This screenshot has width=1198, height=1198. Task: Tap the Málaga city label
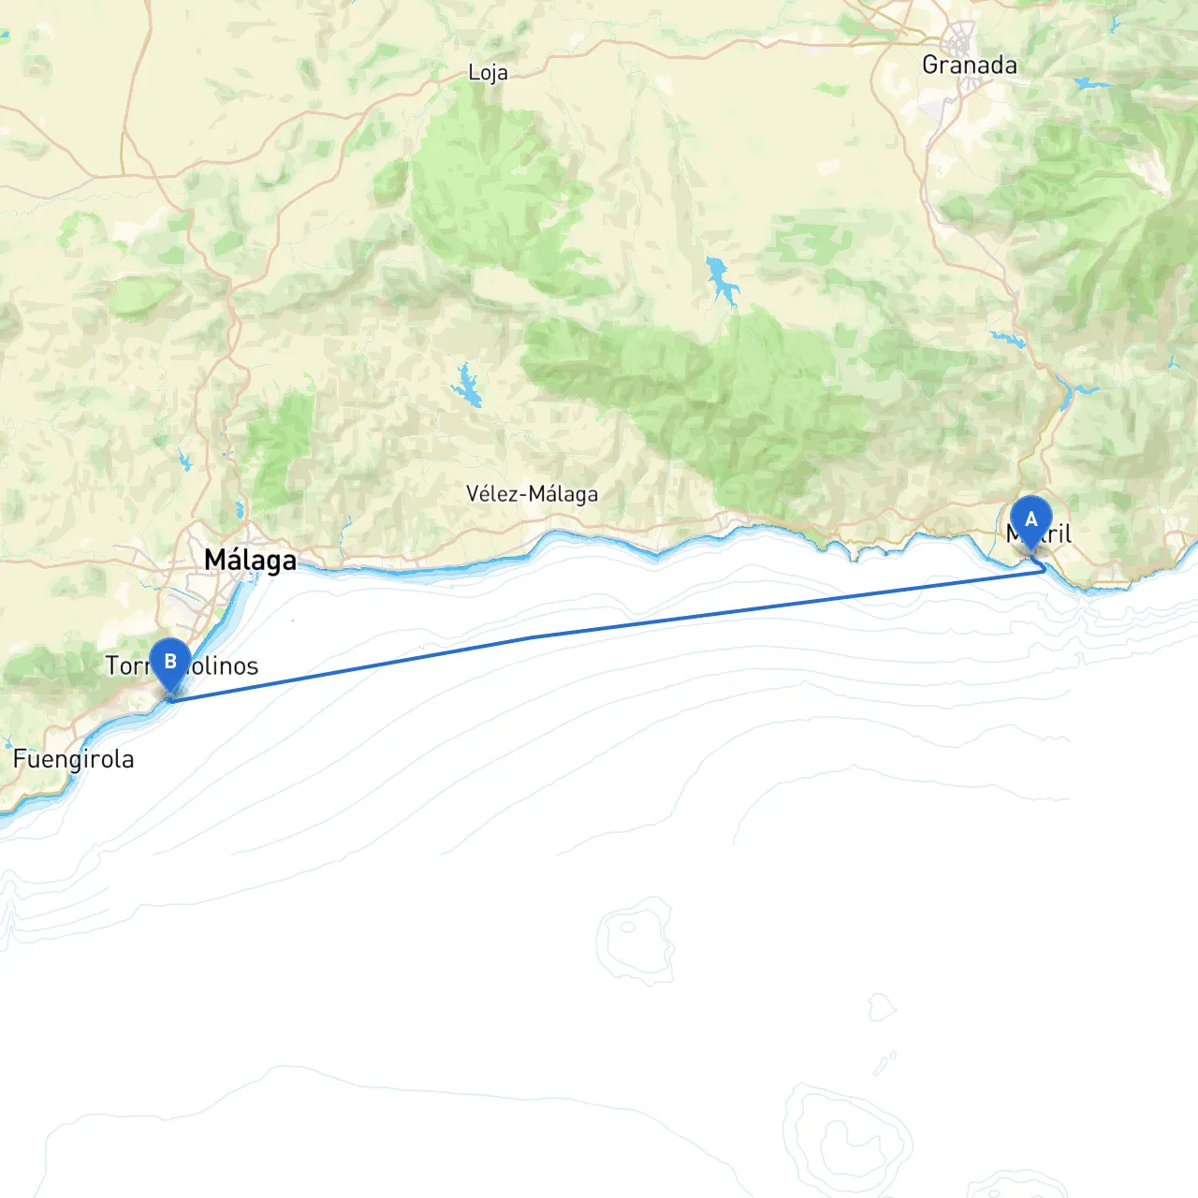pos(250,560)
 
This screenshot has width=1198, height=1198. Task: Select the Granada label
pos(969,65)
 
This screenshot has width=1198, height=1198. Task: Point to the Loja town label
pos(488,73)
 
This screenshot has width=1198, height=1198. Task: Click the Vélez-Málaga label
pos(532,493)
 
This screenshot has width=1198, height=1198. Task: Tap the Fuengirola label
pos(73,758)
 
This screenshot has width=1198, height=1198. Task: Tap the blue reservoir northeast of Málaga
pos(466,386)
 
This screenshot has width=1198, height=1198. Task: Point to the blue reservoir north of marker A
pos(1065,394)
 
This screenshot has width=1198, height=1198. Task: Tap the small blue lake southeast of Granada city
pos(1090,84)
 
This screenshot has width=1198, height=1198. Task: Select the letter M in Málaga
pos(215,560)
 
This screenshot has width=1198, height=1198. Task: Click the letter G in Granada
pos(931,65)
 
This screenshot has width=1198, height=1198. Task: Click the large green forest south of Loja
pos(487,187)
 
